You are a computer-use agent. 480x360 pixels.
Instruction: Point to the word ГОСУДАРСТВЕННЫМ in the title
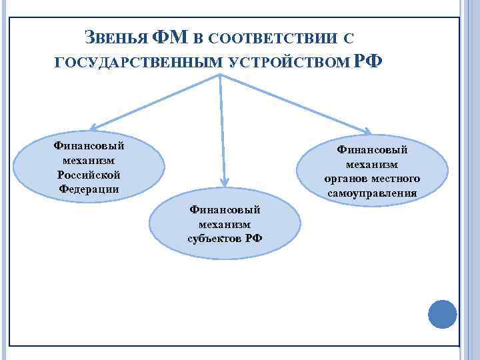pos(139,63)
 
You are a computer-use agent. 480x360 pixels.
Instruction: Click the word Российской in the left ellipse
pos(89,174)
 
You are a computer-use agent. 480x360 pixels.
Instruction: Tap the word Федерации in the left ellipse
pos(89,188)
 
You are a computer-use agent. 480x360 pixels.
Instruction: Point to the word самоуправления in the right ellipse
pos(372,193)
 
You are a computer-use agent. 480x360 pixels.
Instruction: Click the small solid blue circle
pos(442,313)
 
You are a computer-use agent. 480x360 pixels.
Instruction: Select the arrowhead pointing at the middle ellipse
pos(225,181)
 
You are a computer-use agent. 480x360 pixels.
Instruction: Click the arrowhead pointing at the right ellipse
pos(369,131)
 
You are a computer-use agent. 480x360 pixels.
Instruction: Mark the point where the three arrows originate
pos(219,75)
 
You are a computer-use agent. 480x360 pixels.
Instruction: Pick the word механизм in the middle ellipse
pos(225,224)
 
